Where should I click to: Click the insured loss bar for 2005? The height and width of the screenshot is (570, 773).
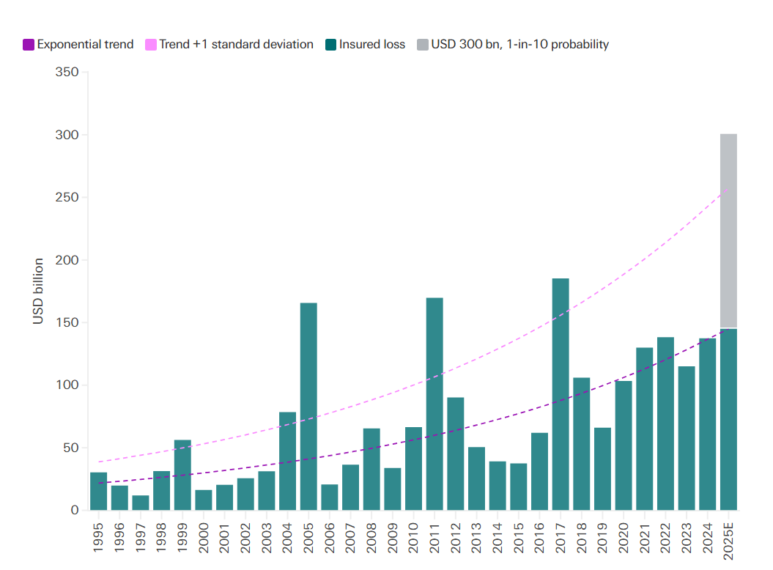[x=308, y=407]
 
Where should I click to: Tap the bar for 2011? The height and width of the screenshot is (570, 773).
[x=434, y=404]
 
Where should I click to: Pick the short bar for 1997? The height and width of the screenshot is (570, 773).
[x=141, y=503]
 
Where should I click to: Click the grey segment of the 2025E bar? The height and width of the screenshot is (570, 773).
[x=728, y=231]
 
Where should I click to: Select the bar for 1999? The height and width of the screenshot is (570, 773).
[x=182, y=475]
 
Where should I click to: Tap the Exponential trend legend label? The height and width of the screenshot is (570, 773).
[x=85, y=45]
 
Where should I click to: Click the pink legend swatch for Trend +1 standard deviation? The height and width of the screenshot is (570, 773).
[x=152, y=45]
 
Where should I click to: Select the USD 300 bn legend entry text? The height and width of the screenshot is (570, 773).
[x=519, y=45]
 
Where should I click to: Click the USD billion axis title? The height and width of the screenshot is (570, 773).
[x=38, y=291]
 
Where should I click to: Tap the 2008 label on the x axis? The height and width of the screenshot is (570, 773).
[x=372, y=538]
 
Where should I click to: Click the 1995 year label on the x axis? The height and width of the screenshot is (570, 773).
[x=99, y=538]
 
